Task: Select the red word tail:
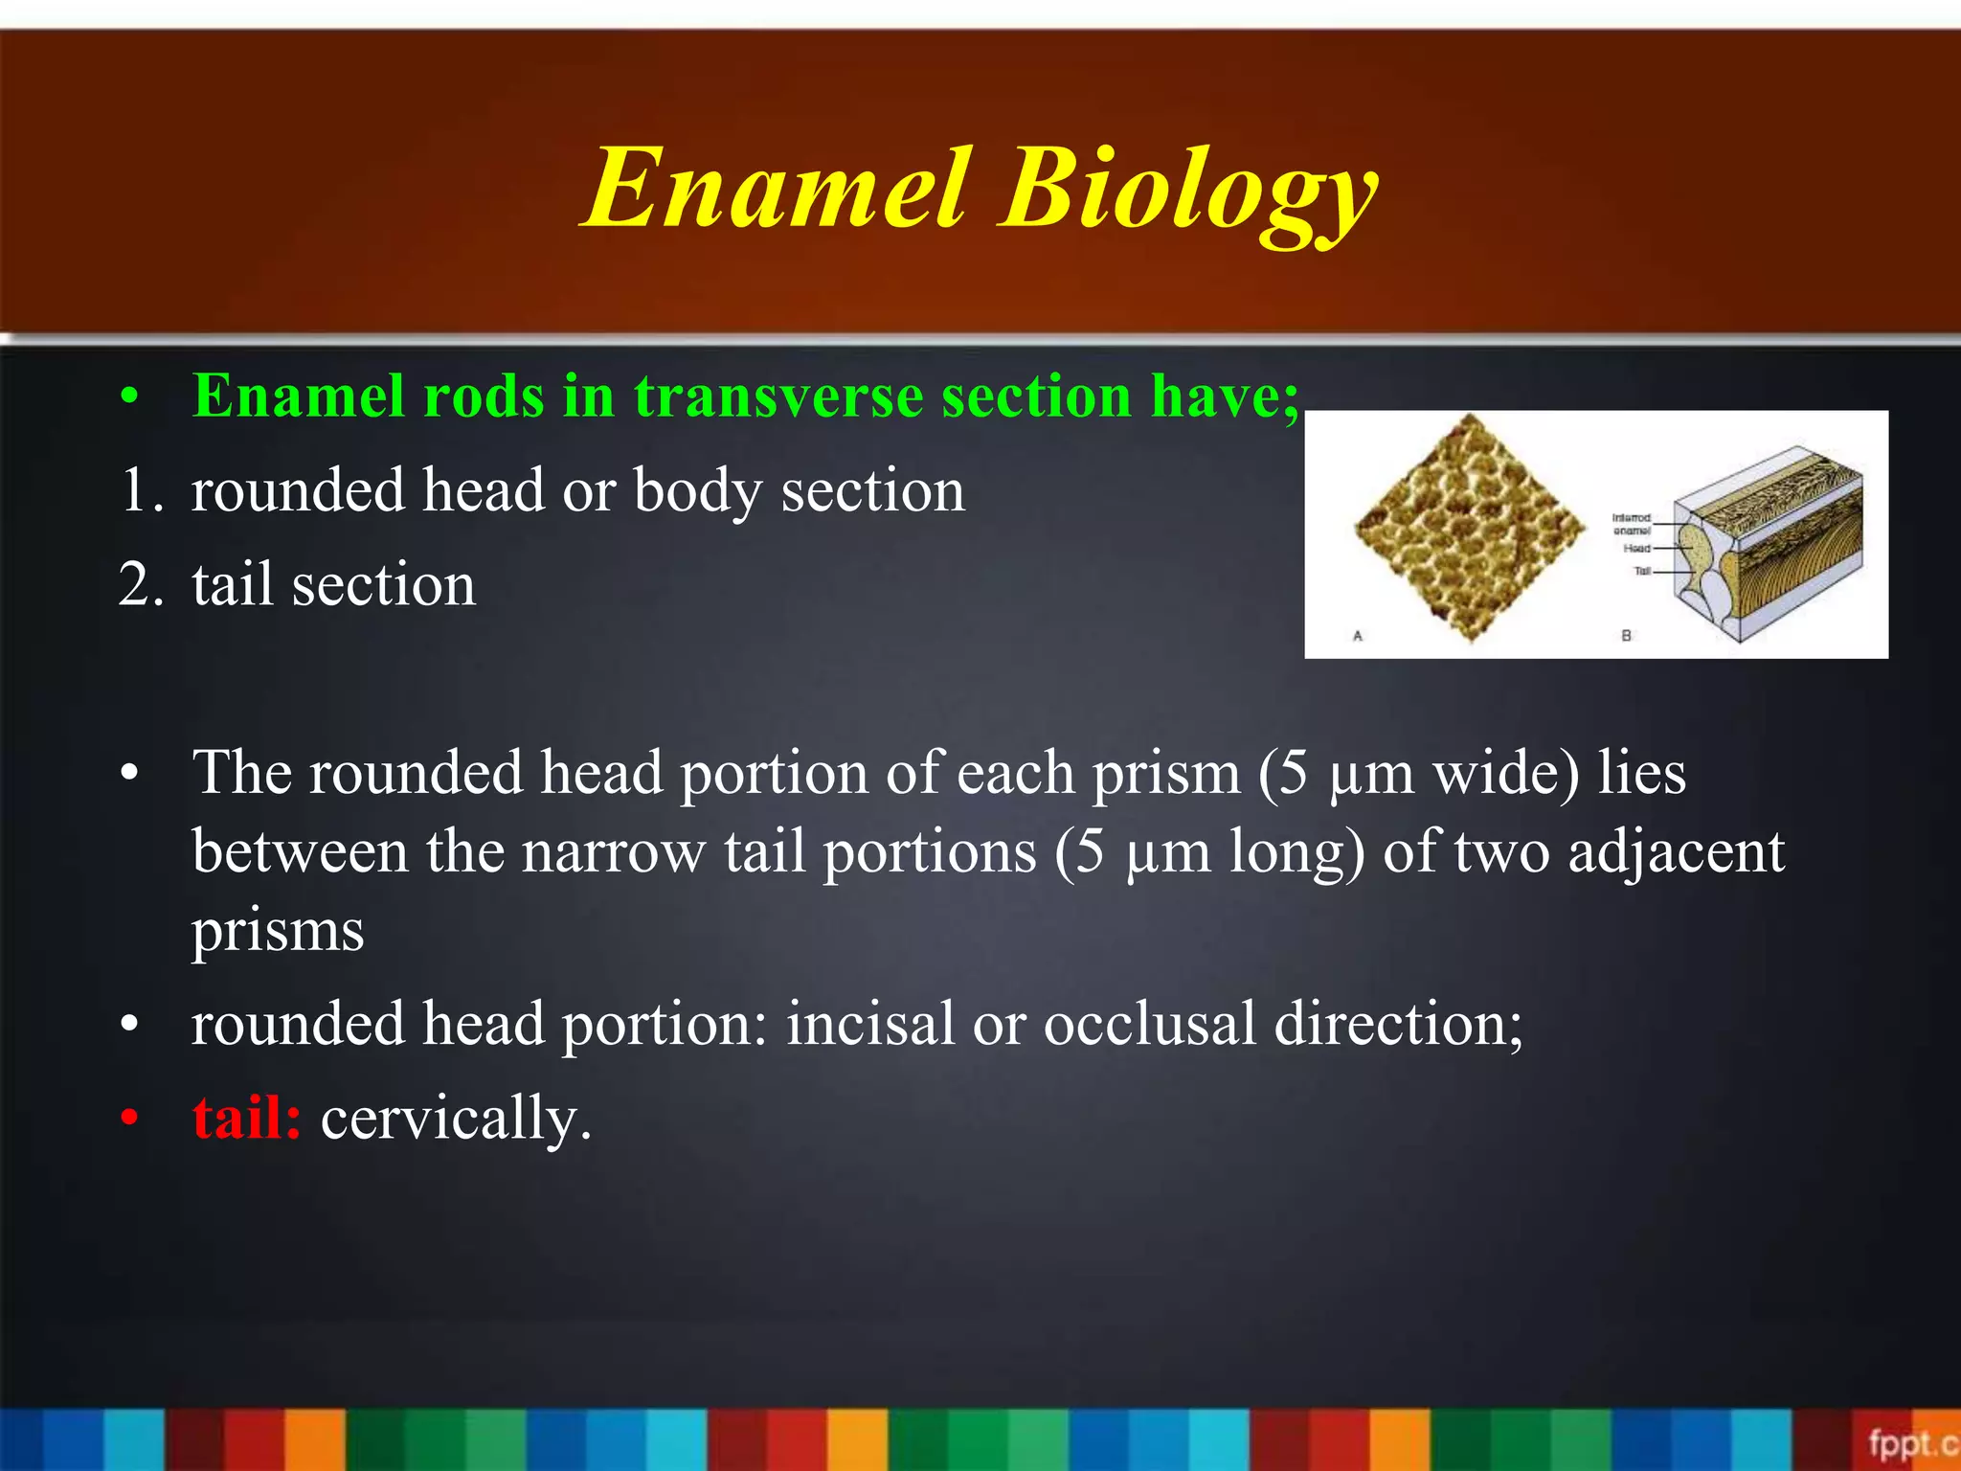click(x=246, y=1118)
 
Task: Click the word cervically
click(x=455, y=1118)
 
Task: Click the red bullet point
click(x=130, y=1119)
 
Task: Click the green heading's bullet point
click(x=130, y=396)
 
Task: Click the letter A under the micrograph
click(x=1357, y=636)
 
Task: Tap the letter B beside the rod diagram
click(x=1626, y=636)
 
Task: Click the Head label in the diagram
click(x=1636, y=549)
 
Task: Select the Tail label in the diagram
click(x=1642, y=572)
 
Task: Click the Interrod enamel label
click(x=1632, y=524)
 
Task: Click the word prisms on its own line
click(x=278, y=930)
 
